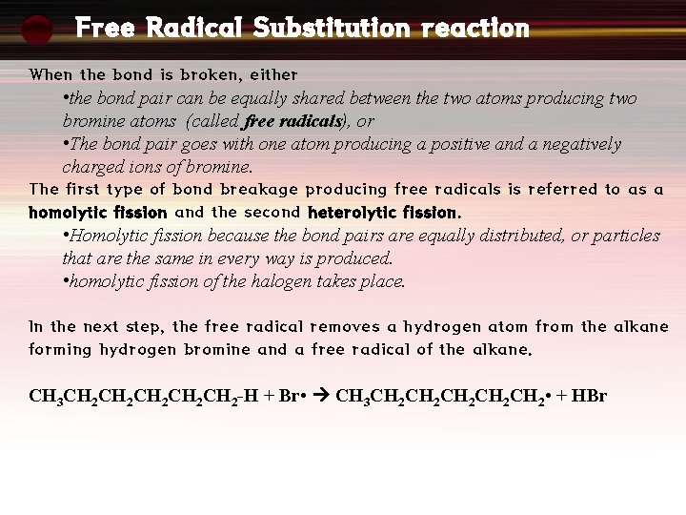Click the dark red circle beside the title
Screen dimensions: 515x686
[37, 30]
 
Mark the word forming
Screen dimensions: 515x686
[60, 350]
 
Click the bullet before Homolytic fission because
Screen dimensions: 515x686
[66, 236]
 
